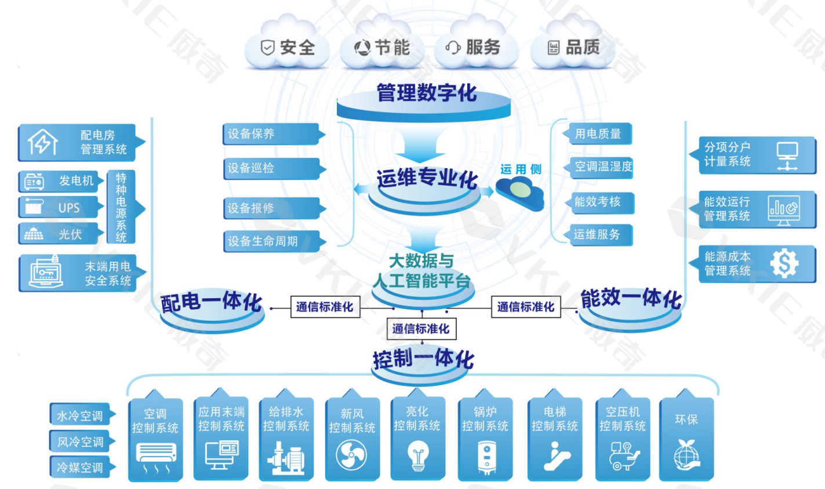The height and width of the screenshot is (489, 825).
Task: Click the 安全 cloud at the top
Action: click(x=288, y=48)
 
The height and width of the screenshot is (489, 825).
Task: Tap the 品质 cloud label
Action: click(x=574, y=48)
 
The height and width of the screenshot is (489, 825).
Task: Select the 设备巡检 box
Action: click(x=271, y=168)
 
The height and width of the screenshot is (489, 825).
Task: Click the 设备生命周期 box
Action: click(x=271, y=241)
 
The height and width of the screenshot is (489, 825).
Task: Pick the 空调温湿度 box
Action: click(x=600, y=167)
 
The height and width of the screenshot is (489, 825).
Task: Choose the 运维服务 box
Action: click(x=599, y=235)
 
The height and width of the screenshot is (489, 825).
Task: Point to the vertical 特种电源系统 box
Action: click(x=121, y=207)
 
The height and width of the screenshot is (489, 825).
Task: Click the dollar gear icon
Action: click(x=784, y=263)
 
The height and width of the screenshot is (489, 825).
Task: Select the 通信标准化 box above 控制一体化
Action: click(x=421, y=329)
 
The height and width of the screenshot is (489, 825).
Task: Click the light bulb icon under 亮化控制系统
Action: click(x=418, y=456)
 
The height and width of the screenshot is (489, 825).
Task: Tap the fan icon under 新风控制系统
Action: click(x=351, y=455)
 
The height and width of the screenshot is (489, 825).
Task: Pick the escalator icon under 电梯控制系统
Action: click(x=555, y=456)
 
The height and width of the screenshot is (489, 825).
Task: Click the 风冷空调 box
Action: click(x=81, y=442)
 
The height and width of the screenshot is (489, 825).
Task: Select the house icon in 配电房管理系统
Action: click(x=43, y=142)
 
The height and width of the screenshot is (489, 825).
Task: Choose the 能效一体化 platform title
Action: click(x=630, y=299)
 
